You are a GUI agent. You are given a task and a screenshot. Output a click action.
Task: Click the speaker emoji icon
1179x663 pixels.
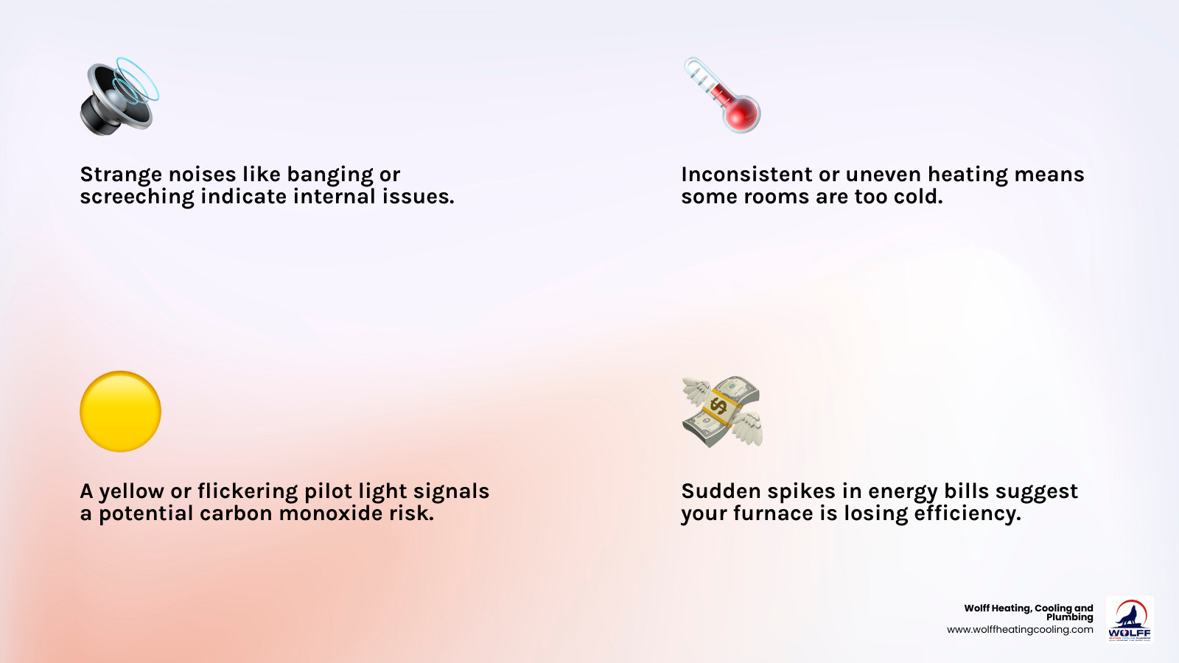pos(118,97)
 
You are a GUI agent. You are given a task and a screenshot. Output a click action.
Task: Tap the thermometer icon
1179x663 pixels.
pos(721,96)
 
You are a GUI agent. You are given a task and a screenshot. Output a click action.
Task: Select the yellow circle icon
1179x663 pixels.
pos(120,411)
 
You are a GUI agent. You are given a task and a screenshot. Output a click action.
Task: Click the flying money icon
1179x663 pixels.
pos(721,411)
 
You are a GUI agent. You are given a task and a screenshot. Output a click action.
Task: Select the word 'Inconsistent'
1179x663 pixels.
pos(746,175)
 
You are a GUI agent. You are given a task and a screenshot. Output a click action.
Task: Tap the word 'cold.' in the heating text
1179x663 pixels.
pos(918,197)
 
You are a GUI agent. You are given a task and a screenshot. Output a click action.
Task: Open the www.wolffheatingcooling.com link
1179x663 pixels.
pos(1020,630)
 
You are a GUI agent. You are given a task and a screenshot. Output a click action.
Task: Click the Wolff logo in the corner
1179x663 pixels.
pos(1130,620)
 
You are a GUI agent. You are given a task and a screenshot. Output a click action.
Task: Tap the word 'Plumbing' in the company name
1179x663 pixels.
pos(1069,617)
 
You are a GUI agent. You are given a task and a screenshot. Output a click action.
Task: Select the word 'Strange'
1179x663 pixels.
pos(121,175)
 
